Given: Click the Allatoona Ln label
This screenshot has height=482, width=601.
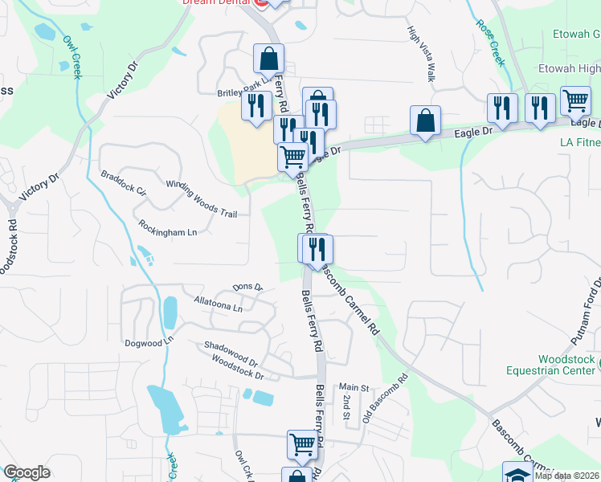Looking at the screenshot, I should point(218,304).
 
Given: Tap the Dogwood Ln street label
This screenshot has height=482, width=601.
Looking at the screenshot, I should point(149,342).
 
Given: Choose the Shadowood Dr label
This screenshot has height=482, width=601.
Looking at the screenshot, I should point(229,355).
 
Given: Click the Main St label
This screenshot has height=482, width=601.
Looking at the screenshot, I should point(353,387).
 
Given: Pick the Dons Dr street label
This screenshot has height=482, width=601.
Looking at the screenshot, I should point(247,287).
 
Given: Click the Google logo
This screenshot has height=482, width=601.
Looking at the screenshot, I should point(26,472).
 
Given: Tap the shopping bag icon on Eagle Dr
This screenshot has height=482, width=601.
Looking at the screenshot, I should point(426,120).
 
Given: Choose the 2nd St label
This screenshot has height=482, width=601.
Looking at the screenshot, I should point(346,406).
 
